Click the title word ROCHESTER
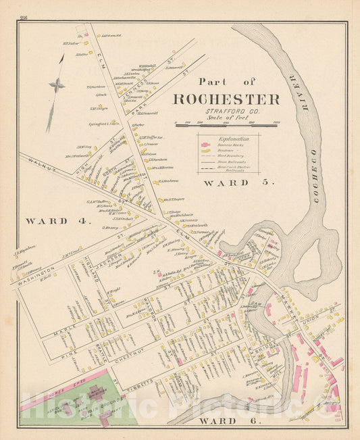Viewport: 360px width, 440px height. coord(226,99)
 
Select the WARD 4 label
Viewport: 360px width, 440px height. coord(48,221)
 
